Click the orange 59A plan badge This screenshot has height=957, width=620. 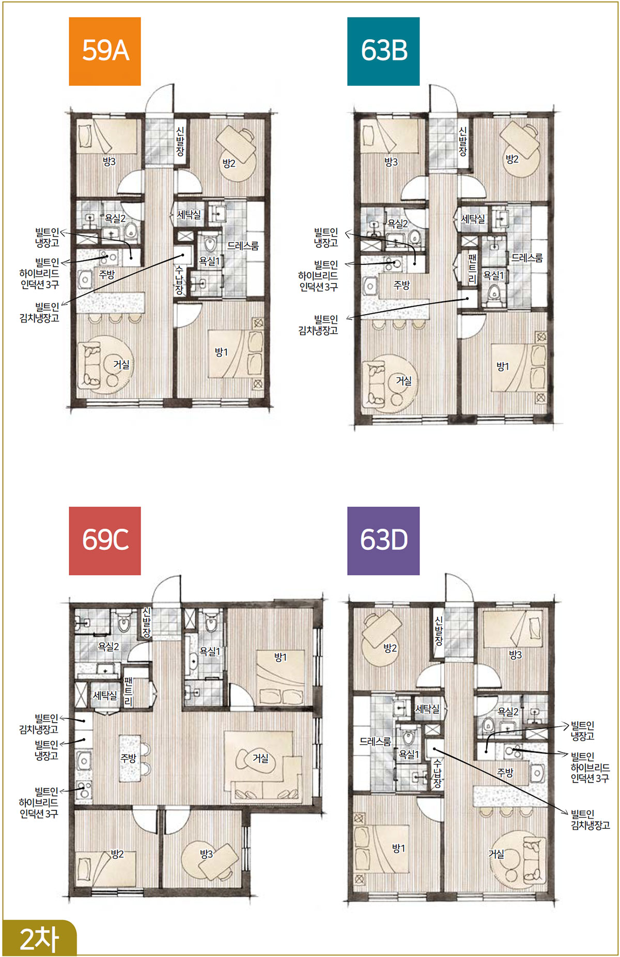[x=105, y=51]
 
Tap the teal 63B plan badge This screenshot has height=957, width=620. [x=383, y=51]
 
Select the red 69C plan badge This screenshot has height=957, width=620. [x=105, y=541]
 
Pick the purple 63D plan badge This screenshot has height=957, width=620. [x=383, y=541]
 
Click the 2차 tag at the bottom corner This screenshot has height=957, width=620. [x=39, y=938]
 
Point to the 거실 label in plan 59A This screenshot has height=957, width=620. [x=121, y=365]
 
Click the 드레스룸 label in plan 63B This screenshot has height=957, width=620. [x=527, y=258]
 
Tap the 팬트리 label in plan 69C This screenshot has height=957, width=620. [x=129, y=691]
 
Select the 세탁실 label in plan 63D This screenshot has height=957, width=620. [x=427, y=709]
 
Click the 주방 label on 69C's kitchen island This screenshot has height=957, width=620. [x=128, y=758]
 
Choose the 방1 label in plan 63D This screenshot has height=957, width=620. [x=398, y=848]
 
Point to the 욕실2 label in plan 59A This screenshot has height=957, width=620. [x=115, y=218]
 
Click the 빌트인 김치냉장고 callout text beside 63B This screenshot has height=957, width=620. [x=318, y=325]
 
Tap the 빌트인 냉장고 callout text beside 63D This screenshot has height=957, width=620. [x=582, y=731]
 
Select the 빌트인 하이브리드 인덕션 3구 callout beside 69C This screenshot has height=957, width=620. [x=39, y=803]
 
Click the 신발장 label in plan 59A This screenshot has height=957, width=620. [x=180, y=141]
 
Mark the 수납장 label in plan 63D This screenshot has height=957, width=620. [x=437, y=773]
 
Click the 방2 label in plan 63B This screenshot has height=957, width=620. [x=512, y=159]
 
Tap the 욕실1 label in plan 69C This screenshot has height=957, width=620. [x=210, y=652]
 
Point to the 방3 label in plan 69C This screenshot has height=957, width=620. [x=207, y=854]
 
